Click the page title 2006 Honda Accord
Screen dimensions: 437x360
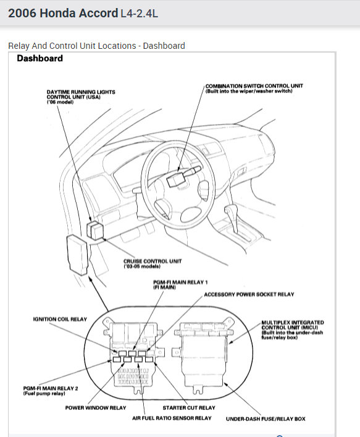(62, 12)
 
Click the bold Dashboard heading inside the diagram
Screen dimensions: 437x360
(40, 59)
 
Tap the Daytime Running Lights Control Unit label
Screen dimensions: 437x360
(80, 96)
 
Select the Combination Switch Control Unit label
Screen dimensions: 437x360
(254, 88)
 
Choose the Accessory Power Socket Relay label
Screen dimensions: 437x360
(249, 295)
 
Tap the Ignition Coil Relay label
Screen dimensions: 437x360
(60, 320)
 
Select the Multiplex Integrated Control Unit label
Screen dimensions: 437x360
(292, 328)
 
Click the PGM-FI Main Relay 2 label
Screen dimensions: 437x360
(50, 391)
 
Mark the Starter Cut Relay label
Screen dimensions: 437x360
(189, 408)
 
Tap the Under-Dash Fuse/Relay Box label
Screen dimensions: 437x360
(266, 418)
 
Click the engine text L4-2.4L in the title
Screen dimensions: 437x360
(139, 13)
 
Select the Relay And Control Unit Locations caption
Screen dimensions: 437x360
(96, 46)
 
